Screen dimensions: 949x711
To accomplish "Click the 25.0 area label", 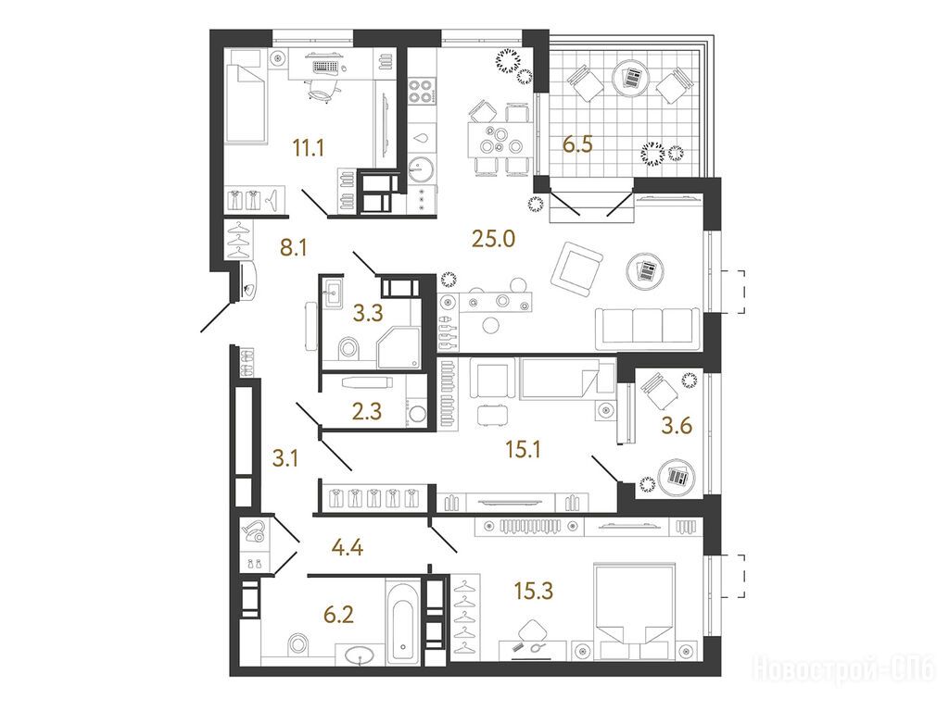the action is pyautogui.click(x=493, y=239).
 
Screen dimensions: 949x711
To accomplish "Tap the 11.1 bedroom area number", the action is pyautogui.click(x=309, y=147).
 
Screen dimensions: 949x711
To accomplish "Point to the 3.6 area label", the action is pyautogui.click(x=676, y=426).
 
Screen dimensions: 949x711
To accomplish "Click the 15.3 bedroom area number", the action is pyautogui.click(x=533, y=591).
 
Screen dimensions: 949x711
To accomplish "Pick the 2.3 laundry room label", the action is pyautogui.click(x=367, y=411).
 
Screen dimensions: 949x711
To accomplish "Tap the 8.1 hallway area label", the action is pyautogui.click(x=294, y=247).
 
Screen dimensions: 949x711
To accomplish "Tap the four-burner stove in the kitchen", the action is pyautogui.click(x=421, y=92).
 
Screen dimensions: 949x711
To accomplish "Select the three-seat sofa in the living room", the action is pyautogui.click(x=648, y=329).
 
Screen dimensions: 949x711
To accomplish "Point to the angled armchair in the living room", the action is pyautogui.click(x=576, y=268).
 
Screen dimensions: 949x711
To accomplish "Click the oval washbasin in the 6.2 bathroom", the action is pyautogui.click(x=360, y=655).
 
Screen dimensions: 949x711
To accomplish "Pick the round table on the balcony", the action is pyautogui.click(x=630, y=78).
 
